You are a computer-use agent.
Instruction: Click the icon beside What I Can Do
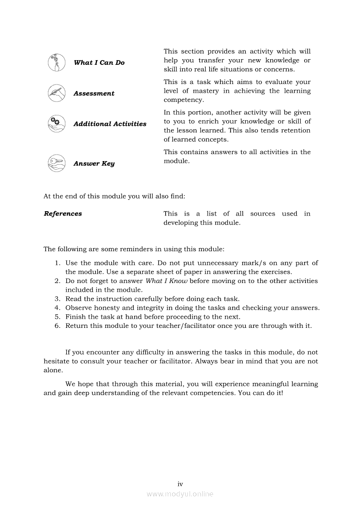56,62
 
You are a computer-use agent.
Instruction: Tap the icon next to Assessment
56,93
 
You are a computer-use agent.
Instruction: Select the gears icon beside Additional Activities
56,124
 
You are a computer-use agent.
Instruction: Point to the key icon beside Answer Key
56,163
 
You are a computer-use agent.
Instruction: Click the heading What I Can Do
99,63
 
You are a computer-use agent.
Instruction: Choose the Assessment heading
94,94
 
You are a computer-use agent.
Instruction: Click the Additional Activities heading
110,124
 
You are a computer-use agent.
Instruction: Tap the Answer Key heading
94,164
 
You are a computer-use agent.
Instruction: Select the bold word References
63,214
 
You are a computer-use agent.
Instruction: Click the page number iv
180,484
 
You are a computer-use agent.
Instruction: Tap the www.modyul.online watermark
180,494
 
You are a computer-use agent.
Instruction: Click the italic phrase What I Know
166,281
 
